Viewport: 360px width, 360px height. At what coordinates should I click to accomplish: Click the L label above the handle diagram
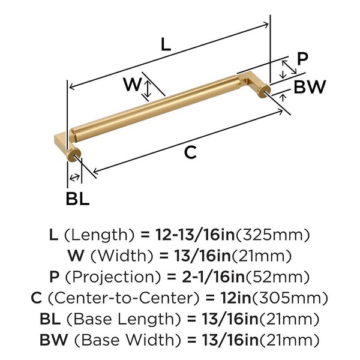point(166,44)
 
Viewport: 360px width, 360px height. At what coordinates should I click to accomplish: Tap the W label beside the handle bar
point(132,84)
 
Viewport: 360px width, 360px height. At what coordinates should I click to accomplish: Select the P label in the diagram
point(302,59)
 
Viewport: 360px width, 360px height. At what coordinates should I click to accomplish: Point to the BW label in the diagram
point(310,87)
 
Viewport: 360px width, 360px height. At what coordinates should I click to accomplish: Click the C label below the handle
point(190,152)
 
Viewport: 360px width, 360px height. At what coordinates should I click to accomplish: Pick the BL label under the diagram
point(77,199)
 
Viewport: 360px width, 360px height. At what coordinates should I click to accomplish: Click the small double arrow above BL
point(74,178)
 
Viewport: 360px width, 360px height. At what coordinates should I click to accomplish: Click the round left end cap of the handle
point(74,155)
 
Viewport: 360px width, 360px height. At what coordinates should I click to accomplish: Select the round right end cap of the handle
point(265,91)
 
